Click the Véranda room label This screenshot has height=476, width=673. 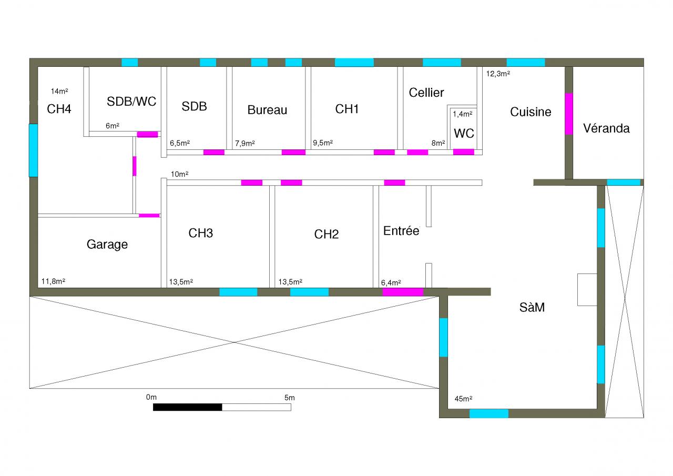pyautogui.click(x=606, y=128)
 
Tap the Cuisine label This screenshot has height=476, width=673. pyautogui.click(x=531, y=112)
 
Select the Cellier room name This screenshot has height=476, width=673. pyautogui.click(x=426, y=93)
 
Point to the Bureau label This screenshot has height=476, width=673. pyautogui.click(x=267, y=110)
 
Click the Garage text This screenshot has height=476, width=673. pyautogui.click(x=107, y=245)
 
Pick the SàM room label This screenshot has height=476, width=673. pyautogui.click(x=532, y=308)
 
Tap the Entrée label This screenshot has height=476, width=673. pyautogui.click(x=401, y=231)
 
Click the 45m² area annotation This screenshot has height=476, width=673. pyautogui.click(x=463, y=399)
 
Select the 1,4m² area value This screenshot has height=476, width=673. pyautogui.click(x=463, y=114)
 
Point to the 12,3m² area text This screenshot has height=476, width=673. pyautogui.click(x=497, y=74)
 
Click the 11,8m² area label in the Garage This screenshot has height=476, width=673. pyautogui.click(x=53, y=281)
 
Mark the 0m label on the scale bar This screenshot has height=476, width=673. pyautogui.click(x=151, y=398)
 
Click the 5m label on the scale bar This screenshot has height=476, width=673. pyautogui.click(x=289, y=398)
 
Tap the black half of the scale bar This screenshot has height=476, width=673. pyautogui.click(x=188, y=407)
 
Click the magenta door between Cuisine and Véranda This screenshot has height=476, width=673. pyautogui.click(x=569, y=114)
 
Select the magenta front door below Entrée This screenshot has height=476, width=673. pyautogui.click(x=403, y=292)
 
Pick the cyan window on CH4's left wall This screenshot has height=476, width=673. pyautogui.click(x=33, y=150)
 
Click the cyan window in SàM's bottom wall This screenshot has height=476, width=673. pyautogui.click(x=489, y=413)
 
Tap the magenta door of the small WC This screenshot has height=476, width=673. pyautogui.click(x=463, y=152)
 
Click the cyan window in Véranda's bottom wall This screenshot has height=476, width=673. pyautogui.click(x=624, y=183)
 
